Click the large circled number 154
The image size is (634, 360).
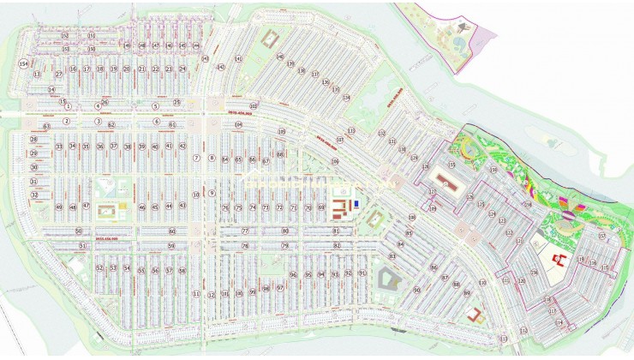tap(23, 65)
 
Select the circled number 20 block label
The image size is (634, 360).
tap(127, 69)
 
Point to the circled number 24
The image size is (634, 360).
tap(182, 69)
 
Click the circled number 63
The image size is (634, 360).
tap(47, 126)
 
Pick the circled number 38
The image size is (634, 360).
tap(127, 147)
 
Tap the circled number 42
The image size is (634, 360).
tap(182, 147)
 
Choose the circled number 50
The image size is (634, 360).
tap(78, 231)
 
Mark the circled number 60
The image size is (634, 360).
tap(171, 231)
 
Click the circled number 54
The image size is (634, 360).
tap(127, 269)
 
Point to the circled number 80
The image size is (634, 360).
tap(285, 231)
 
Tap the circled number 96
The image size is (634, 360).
tap(293, 275)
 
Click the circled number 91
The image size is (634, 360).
tap(362, 274)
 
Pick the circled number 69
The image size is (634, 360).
tap(321, 207)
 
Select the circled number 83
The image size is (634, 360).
tap(392, 256)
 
